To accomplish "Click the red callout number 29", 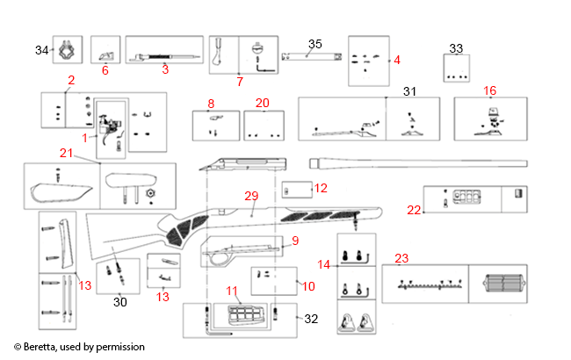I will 252,198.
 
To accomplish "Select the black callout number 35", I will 315,43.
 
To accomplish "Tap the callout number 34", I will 41,51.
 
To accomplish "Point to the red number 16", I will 490,90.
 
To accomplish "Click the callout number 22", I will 414,209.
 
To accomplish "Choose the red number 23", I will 401,258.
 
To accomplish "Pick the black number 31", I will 408,91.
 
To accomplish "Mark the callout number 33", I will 456,48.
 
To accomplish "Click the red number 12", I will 321,188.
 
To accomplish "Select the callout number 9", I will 295,240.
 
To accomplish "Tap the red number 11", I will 232,290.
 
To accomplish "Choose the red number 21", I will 65,153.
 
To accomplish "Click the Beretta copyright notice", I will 79,347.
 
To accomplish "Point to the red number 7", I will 240,81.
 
